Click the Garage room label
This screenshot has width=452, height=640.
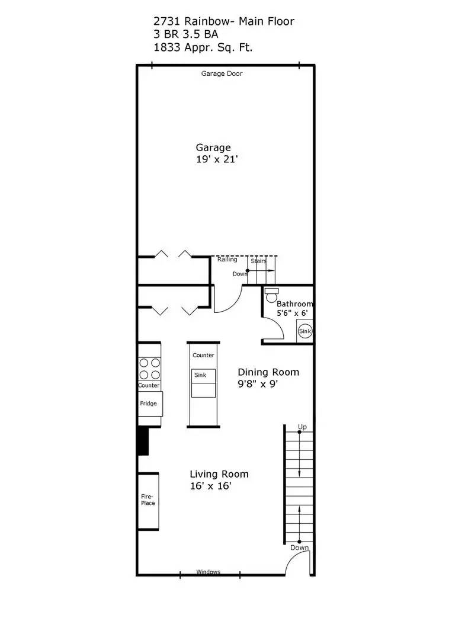click(213, 148)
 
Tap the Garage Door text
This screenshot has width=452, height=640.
click(222, 74)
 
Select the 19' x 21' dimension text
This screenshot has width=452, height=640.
click(217, 159)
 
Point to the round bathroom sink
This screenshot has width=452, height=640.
click(304, 331)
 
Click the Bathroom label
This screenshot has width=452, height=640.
click(294, 304)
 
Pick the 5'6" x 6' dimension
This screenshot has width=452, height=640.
click(292, 313)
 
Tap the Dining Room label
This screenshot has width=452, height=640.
click(268, 372)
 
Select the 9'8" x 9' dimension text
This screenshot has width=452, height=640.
click(258, 383)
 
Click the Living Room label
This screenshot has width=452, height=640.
click(219, 474)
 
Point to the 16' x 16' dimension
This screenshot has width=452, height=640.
click(210, 486)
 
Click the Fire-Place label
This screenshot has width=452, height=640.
click(148, 500)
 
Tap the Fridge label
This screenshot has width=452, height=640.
click(148, 404)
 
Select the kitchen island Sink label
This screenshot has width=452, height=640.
click(200, 375)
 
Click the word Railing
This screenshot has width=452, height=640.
click(227, 260)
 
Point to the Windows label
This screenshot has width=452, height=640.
click(208, 572)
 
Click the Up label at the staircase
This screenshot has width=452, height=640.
click(302, 427)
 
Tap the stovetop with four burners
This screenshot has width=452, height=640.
click(149, 368)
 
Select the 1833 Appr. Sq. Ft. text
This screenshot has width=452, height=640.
click(203, 47)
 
